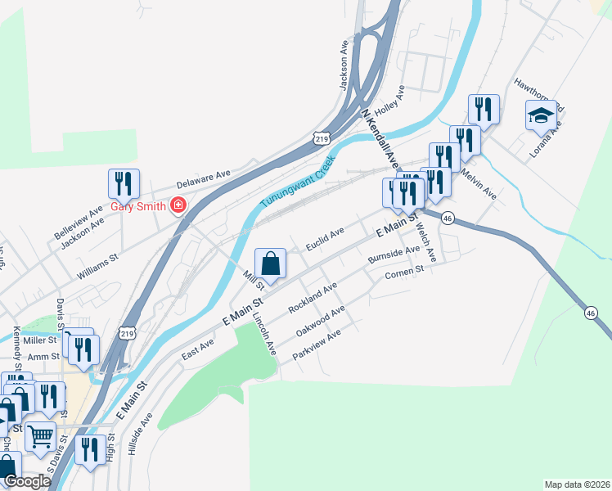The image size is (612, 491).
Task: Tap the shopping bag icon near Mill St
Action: point(270,264)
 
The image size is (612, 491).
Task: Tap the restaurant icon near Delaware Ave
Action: point(124,184)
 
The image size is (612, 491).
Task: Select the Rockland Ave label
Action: point(313,299)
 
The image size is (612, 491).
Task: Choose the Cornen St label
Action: point(405,273)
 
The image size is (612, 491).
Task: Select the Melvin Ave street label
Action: point(479,183)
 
